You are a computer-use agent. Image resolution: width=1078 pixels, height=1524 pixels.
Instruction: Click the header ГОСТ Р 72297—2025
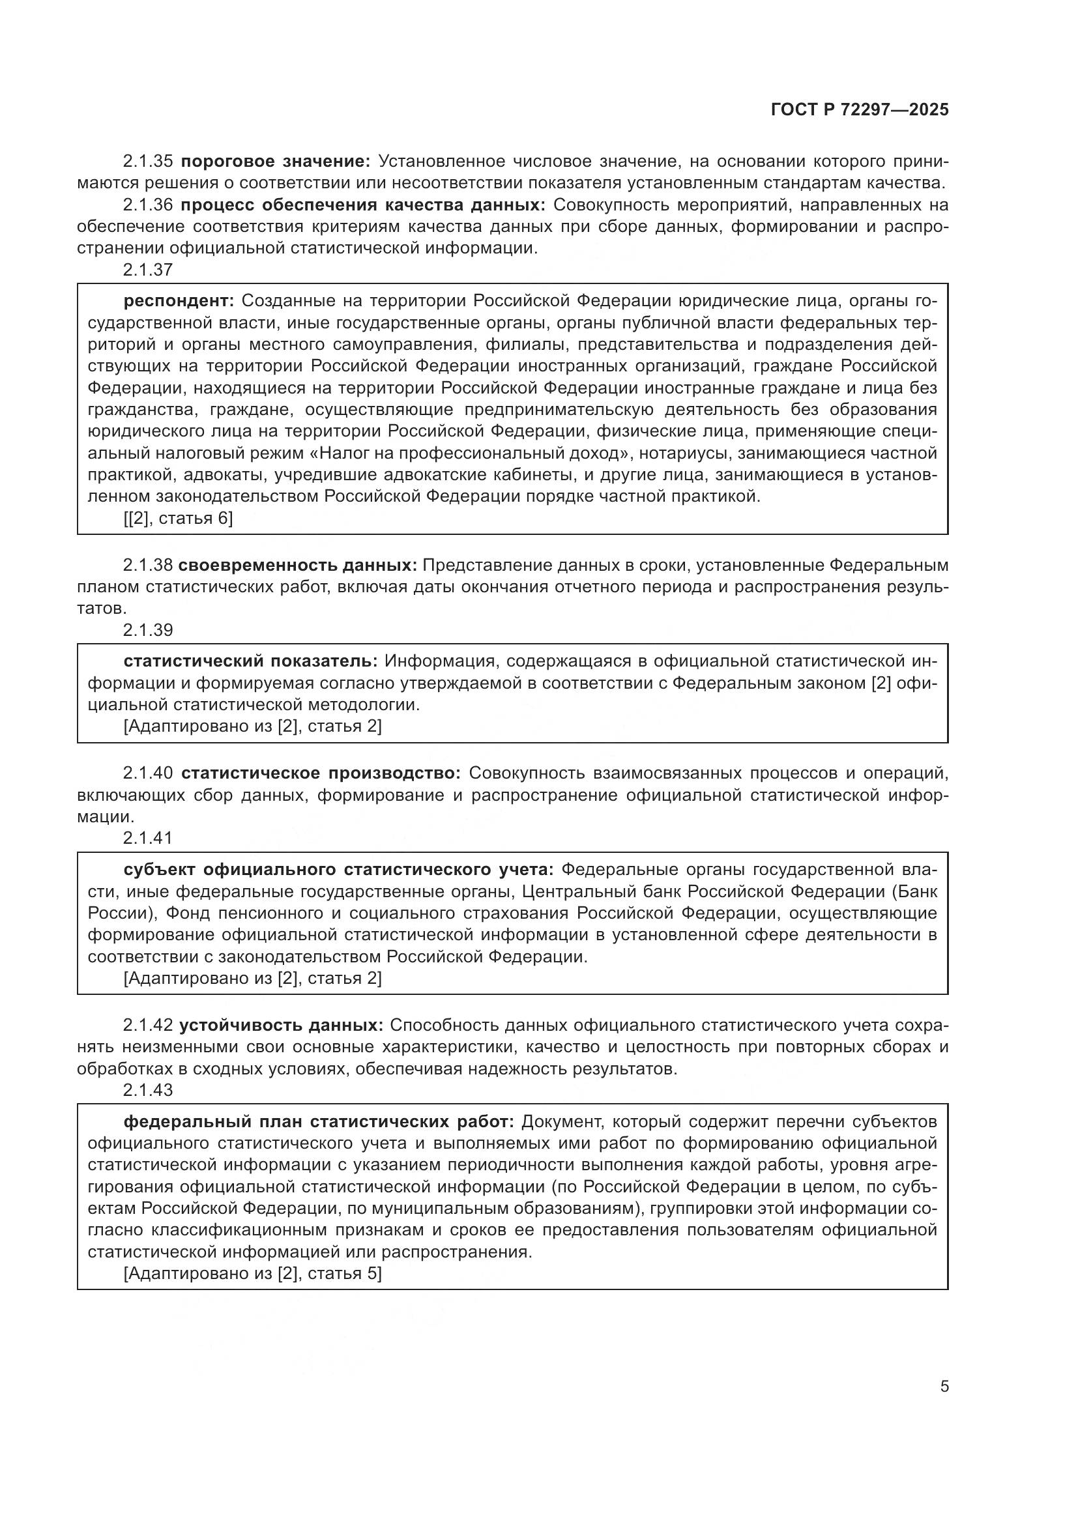pyautogui.click(x=859, y=109)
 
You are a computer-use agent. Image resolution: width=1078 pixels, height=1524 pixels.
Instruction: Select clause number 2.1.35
pyautogui.click(x=147, y=162)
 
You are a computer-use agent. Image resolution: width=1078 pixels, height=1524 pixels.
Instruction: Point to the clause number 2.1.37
pyautogui.click(x=147, y=270)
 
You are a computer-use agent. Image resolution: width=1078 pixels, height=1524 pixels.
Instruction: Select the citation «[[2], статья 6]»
pyautogui.click(x=178, y=519)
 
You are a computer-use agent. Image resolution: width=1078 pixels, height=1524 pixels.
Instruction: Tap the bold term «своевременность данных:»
pyautogui.click(x=297, y=566)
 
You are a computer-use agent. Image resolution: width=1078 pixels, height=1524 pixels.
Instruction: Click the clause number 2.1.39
pyautogui.click(x=147, y=630)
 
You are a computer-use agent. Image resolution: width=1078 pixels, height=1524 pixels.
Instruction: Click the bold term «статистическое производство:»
pyautogui.click(x=321, y=773)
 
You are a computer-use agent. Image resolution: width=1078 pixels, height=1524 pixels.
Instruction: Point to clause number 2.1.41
pyautogui.click(x=147, y=838)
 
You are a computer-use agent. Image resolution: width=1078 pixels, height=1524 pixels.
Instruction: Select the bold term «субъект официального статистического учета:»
pyautogui.click(x=338, y=870)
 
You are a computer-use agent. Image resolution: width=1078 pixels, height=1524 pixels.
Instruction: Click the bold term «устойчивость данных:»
pyautogui.click(x=281, y=1026)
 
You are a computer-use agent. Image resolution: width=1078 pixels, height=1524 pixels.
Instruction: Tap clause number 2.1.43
pyautogui.click(x=147, y=1090)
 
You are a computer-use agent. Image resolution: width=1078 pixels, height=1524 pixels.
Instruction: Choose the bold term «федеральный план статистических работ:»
pyautogui.click(x=319, y=1122)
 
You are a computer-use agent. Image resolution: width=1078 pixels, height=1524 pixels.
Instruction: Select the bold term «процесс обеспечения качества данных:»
pyautogui.click(x=362, y=205)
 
